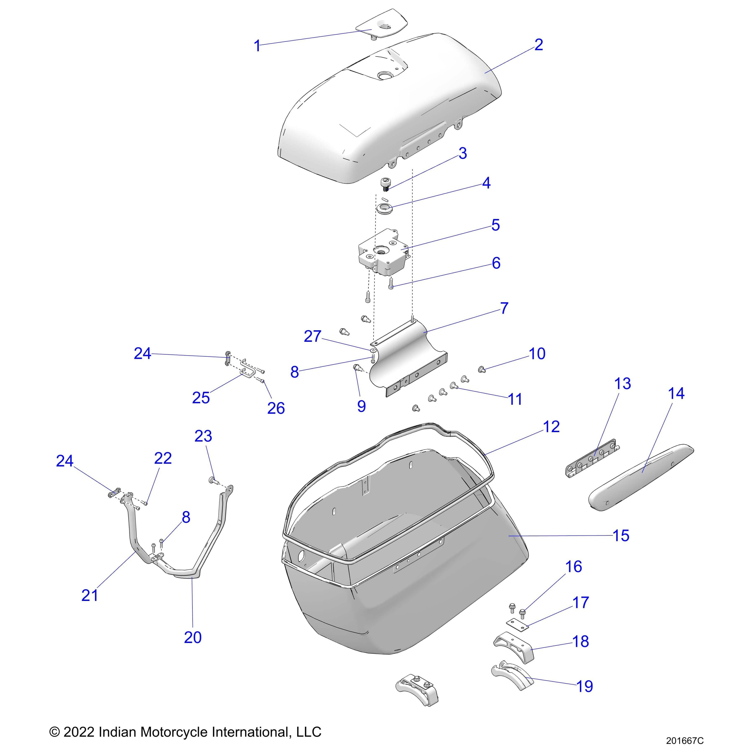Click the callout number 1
pyautogui.click(x=257, y=46)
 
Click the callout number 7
pyautogui.click(x=504, y=308)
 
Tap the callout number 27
pyautogui.click(x=312, y=336)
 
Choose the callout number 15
pyautogui.click(x=621, y=535)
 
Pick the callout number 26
pyautogui.click(x=276, y=408)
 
